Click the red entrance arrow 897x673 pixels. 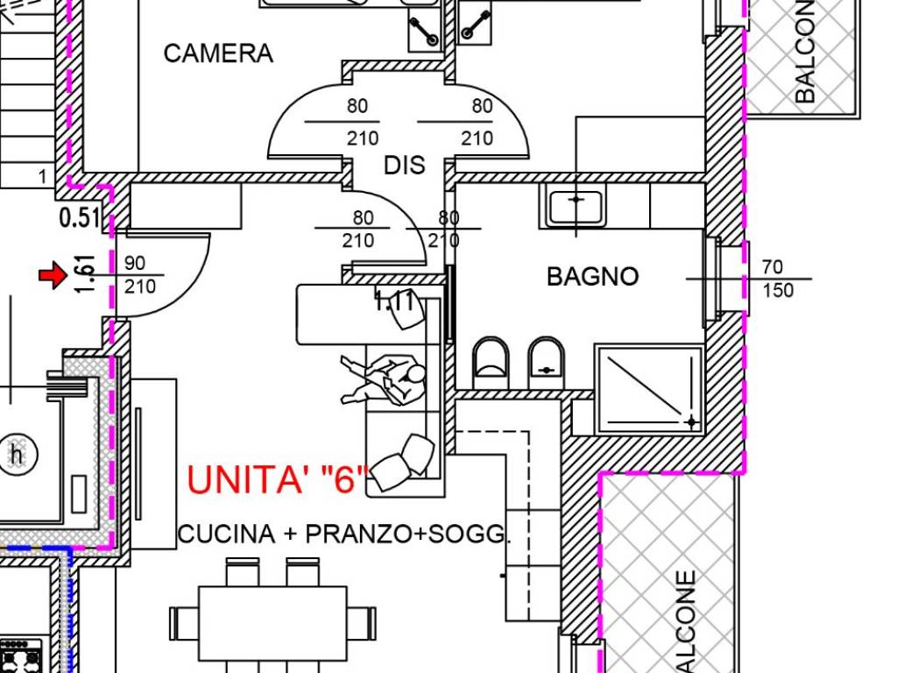pos(53,277)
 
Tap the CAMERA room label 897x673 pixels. pos(218,53)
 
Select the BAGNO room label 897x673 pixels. pos(592,277)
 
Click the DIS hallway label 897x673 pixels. pos(404,165)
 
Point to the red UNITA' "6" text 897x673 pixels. pos(277,480)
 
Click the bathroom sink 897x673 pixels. pos(576,207)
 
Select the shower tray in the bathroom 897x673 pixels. pos(649,389)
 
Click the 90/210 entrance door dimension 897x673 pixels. pos(139,275)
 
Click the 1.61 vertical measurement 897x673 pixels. pos(84,274)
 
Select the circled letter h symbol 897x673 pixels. pos(16,455)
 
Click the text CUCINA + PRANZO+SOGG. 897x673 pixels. pos(343,535)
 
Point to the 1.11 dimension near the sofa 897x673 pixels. pos(393,302)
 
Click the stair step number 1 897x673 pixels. pos(42,177)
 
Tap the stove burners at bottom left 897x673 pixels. pos(19,656)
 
